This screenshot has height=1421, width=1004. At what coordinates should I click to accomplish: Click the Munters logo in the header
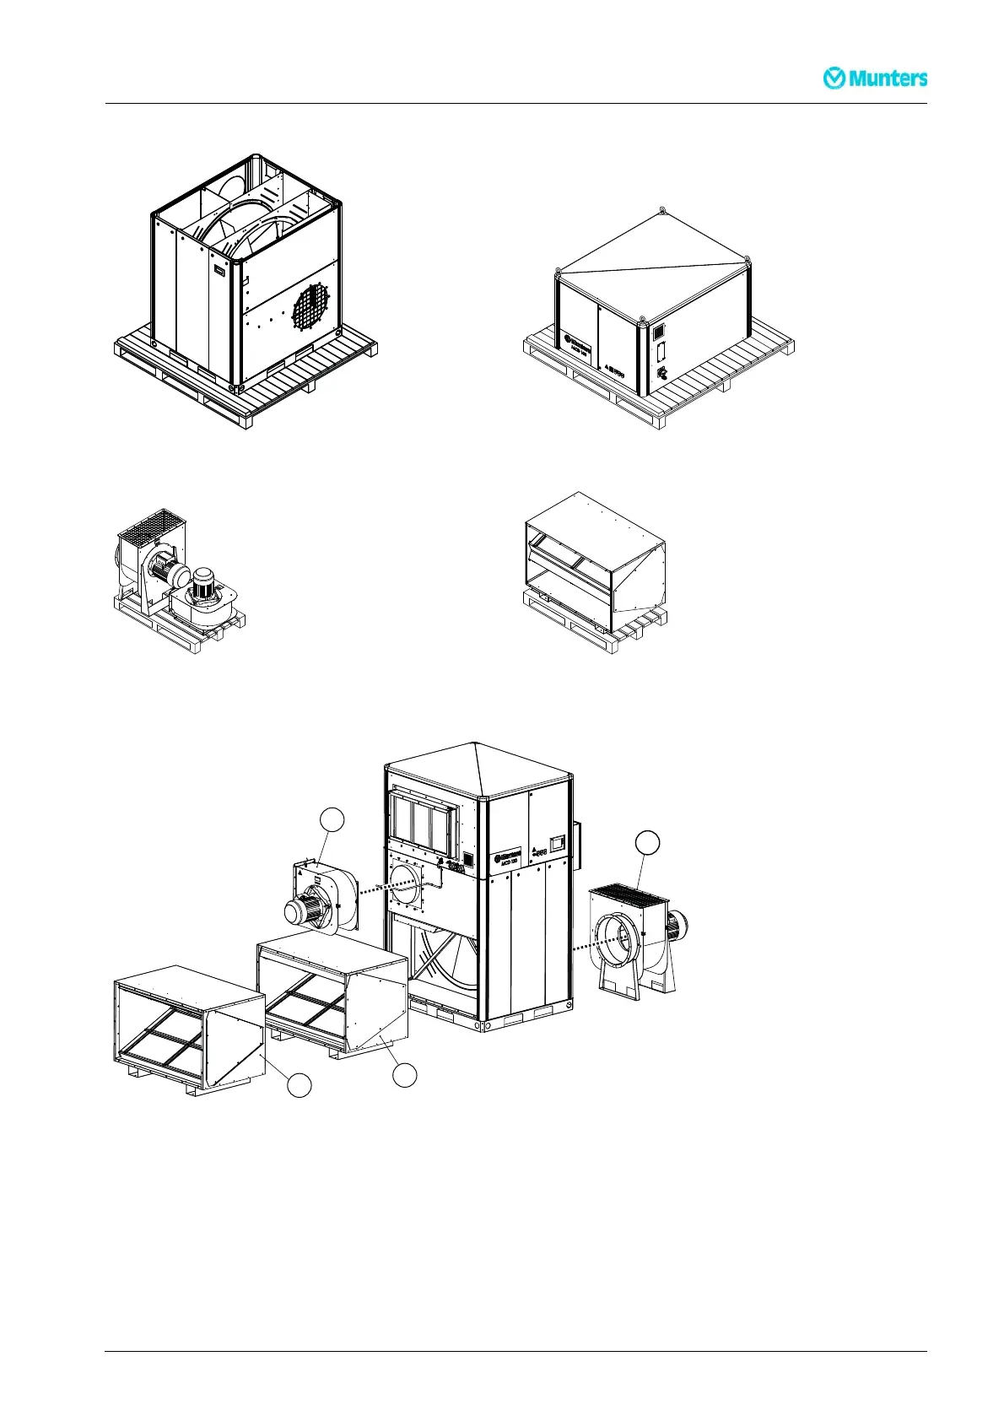click(875, 78)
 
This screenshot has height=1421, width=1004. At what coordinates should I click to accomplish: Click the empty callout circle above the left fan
click(333, 819)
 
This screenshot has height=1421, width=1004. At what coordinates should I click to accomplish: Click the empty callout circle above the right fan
click(647, 842)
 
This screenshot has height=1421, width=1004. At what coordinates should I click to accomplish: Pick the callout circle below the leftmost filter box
click(299, 1085)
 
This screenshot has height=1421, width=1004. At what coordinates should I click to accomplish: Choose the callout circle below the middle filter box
click(406, 1074)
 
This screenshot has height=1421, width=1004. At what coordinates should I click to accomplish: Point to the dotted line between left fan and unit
click(389, 885)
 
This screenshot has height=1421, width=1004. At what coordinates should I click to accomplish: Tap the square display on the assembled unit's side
click(557, 841)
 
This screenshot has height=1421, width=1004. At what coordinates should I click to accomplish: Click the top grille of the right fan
click(630, 891)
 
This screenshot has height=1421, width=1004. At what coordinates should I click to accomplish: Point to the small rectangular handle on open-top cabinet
click(220, 271)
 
